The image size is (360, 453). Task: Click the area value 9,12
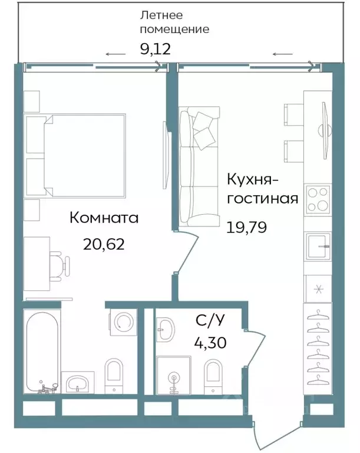[x=155, y=48]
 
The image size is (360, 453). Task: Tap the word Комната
[x=104, y=218]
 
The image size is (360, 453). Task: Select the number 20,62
[x=104, y=244]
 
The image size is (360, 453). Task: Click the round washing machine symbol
[x=123, y=322]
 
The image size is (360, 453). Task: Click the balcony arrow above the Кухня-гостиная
[x=283, y=54]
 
